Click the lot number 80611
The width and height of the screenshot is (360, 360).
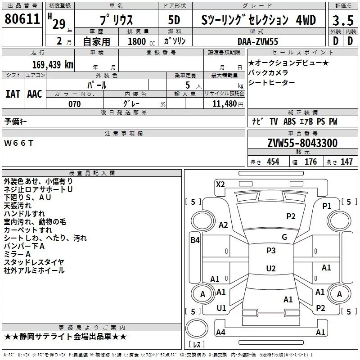[x=22, y=19]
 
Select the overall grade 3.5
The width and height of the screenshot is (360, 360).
[x=342, y=20]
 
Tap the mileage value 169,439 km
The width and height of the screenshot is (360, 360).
[x=52, y=64]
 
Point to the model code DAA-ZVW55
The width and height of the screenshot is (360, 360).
[x=258, y=41]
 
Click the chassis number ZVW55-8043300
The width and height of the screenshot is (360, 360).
[x=302, y=143]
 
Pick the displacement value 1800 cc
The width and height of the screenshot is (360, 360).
[x=137, y=42]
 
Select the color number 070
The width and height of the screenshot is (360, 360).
[x=74, y=104]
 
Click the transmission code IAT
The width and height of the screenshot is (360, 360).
[x=13, y=94]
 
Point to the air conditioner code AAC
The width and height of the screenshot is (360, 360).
[x=35, y=94]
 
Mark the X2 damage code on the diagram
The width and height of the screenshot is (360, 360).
[x=220, y=184]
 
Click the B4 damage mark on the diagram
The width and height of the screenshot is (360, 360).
[x=194, y=240]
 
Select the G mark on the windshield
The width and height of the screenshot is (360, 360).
[x=284, y=237]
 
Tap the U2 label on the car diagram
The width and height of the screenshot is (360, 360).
[x=271, y=269]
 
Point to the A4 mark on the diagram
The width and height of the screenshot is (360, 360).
[x=220, y=333]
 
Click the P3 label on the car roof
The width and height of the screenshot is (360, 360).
[x=271, y=251]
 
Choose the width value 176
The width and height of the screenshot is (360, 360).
[x=311, y=162]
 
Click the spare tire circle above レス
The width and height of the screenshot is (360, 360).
[x=196, y=329]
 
